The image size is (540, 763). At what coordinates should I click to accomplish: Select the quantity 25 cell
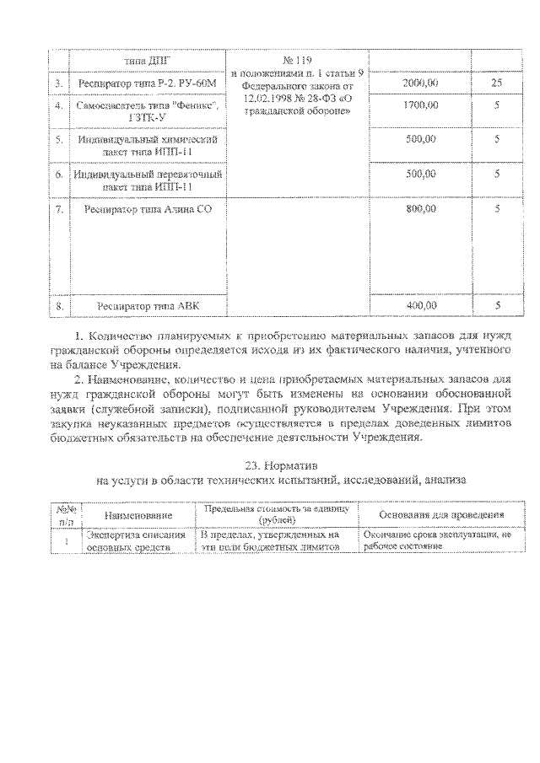coord(497,85)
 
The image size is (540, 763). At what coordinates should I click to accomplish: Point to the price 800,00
coord(419,208)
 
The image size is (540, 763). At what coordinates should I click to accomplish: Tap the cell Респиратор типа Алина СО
coord(148,209)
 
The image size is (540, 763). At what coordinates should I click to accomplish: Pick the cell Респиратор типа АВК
coord(148,306)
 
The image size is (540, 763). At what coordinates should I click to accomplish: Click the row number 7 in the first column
coord(58,209)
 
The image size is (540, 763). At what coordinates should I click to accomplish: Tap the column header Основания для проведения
coord(442,514)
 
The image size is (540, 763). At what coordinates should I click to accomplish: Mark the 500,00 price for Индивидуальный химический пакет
coord(419,140)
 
